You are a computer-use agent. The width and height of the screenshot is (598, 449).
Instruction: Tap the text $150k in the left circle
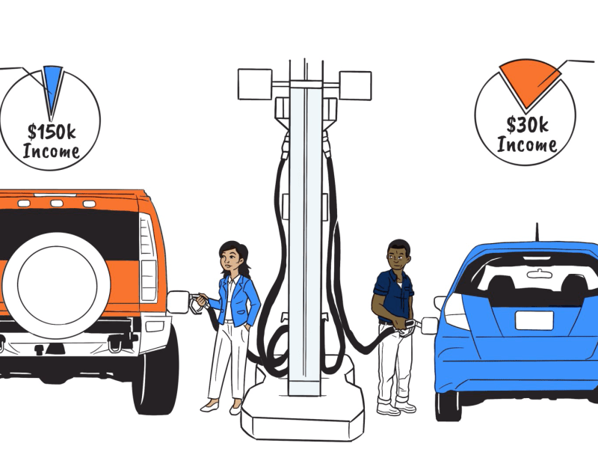click(x=52, y=132)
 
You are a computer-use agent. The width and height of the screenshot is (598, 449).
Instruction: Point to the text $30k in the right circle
click(x=527, y=125)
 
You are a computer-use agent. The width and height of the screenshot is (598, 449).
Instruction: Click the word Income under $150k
click(x=51, y=151)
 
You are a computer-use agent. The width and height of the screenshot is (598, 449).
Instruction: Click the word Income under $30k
click(x=527, y=144)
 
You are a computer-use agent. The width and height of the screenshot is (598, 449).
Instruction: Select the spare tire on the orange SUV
click(x=56, y=285)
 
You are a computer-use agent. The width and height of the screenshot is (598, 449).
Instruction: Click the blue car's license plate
click(x=534, y=320)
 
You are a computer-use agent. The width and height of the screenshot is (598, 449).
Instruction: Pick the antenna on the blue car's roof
click(x=537, y=232)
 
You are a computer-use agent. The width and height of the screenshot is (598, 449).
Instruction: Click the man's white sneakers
click(x=397, y=407)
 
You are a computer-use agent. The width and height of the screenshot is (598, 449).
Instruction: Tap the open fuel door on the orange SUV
click(x=178, y=302)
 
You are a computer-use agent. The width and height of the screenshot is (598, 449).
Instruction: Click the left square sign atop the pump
click(x=255, y=85)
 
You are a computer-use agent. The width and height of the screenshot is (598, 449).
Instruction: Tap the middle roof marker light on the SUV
click(x=57, y=204)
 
